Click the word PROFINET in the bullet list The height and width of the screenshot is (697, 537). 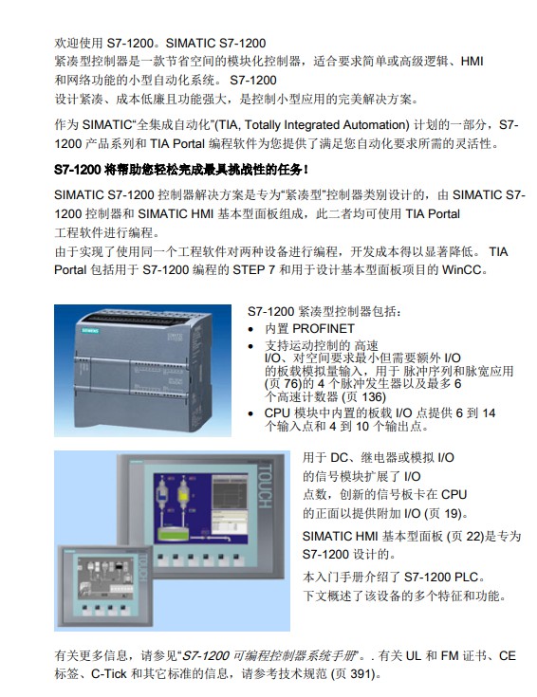(324, 328)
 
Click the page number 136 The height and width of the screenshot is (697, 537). (372, 397)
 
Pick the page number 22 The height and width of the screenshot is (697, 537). (473, 537)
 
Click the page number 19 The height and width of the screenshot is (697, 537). (452, 514)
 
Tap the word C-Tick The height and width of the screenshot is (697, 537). (109, 674)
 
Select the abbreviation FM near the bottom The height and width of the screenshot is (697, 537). (450, 655)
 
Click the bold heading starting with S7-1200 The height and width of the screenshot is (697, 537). (180, 170)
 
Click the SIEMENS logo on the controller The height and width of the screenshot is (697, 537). (90, 331)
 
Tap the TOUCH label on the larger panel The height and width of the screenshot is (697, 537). (265, 486)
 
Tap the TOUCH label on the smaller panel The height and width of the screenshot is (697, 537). (143, 567)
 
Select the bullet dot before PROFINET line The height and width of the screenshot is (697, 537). (251, 329)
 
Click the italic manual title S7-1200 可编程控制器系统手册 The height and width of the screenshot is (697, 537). (270, 655)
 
